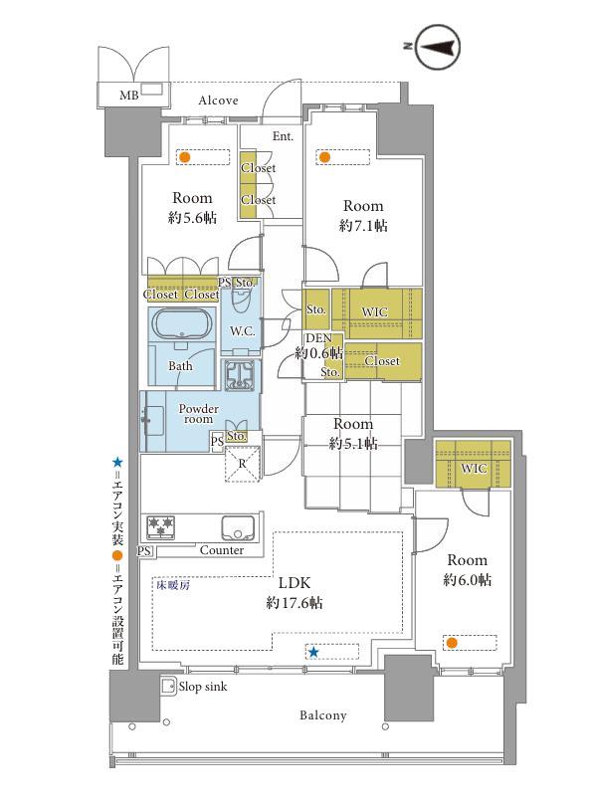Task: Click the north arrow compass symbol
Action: coord(438,47)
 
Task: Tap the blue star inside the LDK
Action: coord(313,652)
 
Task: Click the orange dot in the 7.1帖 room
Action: coord(324,156)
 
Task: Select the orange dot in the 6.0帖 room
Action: coord(452,643)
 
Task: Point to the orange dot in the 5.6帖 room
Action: coord(184,156)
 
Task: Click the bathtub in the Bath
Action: coord(181,323)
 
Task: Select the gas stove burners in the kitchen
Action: coord(161,526)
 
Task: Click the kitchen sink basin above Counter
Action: coord(238,527)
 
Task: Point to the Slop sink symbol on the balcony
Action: coord(168,687)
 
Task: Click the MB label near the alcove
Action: coord(128,96)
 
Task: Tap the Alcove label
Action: coord(218,101)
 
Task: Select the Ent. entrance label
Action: coord(283,136)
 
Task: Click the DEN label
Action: coord(318,338)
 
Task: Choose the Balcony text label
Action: coord(322,715)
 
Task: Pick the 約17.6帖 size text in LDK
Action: coord(294,603)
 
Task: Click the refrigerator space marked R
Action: coord(243,464)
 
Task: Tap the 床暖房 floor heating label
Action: coord(174,585)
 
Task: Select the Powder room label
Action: coord(199,414)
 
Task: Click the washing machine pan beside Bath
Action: coord(239,374)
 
